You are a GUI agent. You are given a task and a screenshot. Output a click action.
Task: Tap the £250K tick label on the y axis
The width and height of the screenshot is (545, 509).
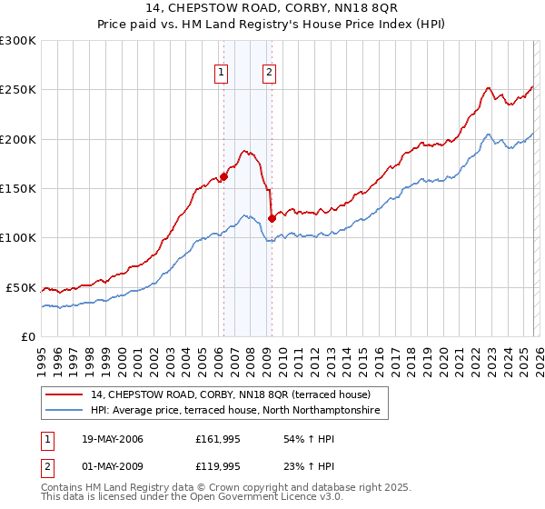(x=19, y=90)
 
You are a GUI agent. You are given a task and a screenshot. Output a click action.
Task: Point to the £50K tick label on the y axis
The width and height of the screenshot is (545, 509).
(x=22, y=287)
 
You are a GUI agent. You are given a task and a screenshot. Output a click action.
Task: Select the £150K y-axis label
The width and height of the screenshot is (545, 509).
(x=19, y=188)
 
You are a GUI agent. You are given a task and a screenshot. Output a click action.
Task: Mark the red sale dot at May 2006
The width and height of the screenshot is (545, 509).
(x=223, y=177)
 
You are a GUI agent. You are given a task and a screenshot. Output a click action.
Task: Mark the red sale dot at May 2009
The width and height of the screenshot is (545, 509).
(x=272, y=218)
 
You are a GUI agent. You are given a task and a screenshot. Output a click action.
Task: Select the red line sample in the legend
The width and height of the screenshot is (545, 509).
(x=65, y=394)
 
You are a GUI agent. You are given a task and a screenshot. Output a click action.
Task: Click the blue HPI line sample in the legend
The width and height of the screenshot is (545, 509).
(x=65, y=411)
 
